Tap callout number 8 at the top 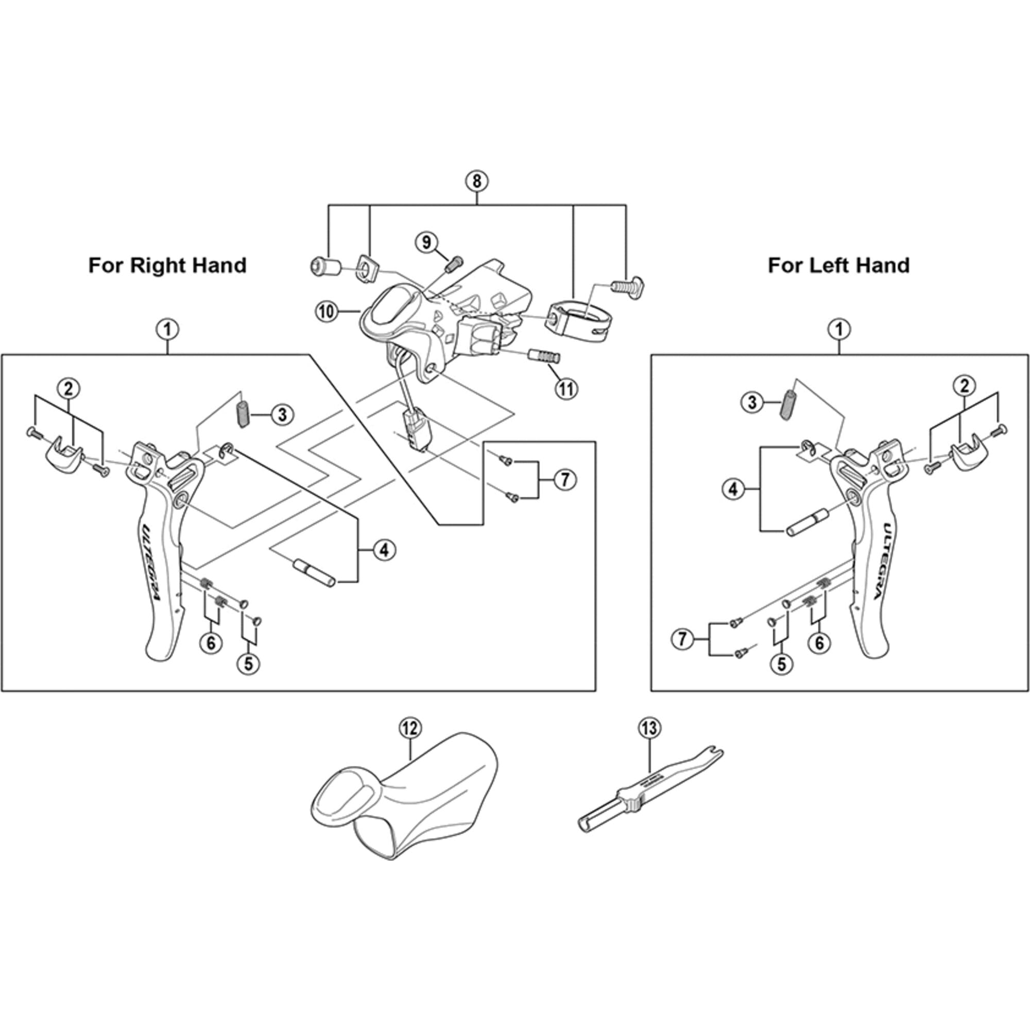click(476, 181)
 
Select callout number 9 click(426, 243)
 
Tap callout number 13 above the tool click(649, 728)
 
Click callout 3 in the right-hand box click(282, 414)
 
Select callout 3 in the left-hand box click(752, 403)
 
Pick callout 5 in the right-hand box click(249, 663)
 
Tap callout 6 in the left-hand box click(819, 643)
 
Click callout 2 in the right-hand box click(69, 388)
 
